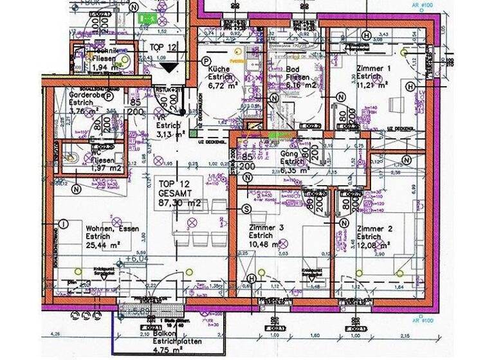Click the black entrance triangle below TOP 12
[x=169, y=67]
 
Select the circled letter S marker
[x=246, y=210]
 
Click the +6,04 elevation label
[x=136, y=258]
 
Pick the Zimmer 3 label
[x=266, y=228]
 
